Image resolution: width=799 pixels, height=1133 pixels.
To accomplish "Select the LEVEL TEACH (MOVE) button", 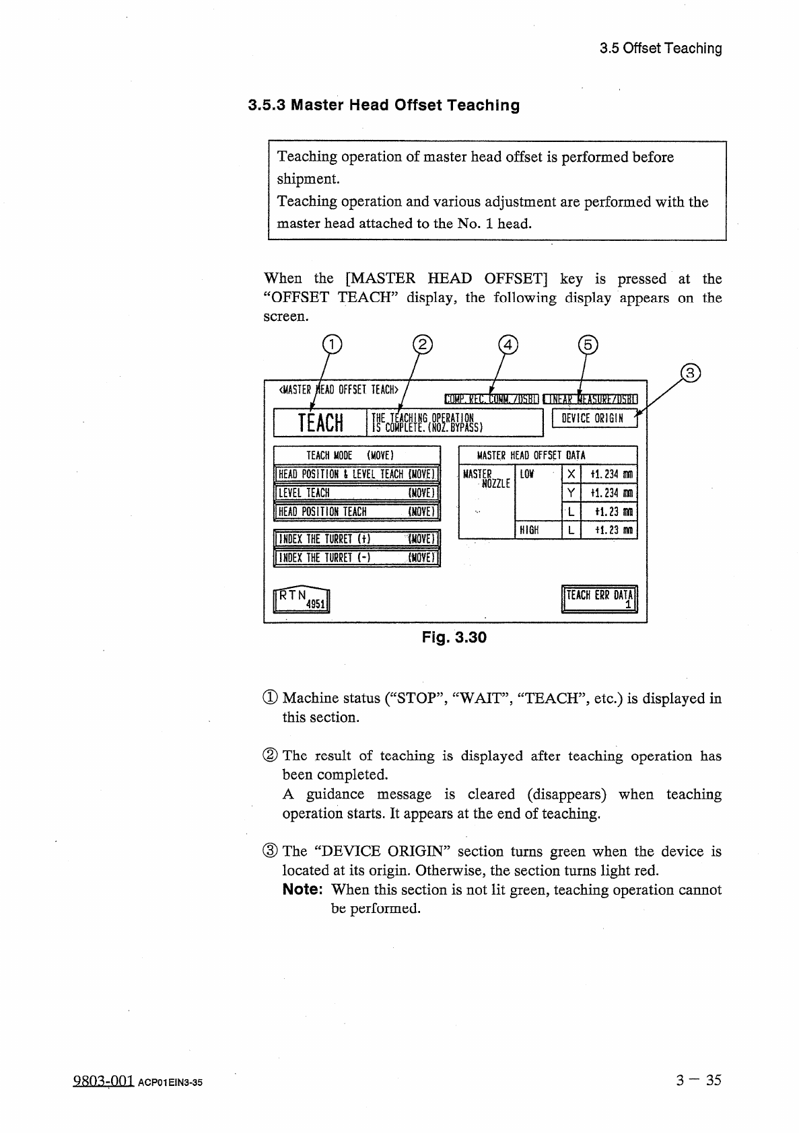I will pos(357,493).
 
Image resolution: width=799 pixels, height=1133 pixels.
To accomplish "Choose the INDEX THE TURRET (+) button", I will pos(357,539).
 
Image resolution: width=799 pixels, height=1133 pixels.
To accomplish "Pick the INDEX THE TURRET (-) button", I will pos(357,558).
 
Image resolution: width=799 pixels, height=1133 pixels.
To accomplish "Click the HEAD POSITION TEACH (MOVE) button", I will pos(357,512).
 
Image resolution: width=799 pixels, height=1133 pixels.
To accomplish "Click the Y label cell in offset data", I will pos(571,493).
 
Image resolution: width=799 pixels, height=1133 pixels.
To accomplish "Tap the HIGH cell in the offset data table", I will pos(538,530).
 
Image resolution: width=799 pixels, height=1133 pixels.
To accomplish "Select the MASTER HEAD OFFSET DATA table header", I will pos(547,455).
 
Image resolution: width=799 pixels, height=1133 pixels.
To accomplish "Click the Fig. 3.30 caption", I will pos(454,637).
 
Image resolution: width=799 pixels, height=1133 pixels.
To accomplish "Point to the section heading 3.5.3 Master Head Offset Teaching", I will pos(384,106).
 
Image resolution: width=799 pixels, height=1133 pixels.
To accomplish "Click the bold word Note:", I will pos(303,889).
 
